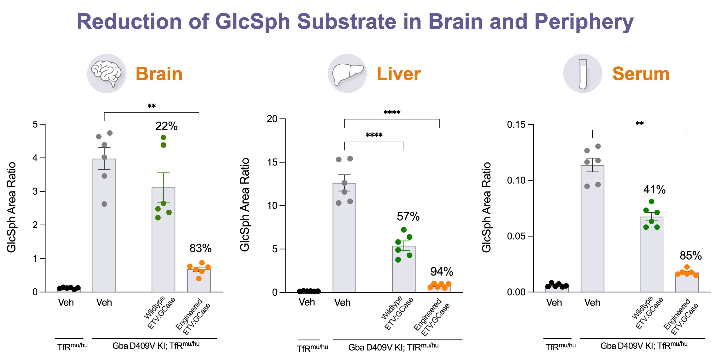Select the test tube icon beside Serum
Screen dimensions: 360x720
pyautogui.click(x=582, y=74)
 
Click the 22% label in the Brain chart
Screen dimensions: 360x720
pyautogui.click(x=166, y=126)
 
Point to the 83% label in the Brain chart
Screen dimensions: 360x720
pyautogui.click(x=200, y=248)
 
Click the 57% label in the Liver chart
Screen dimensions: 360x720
pyautogui.click(x=408, y=217)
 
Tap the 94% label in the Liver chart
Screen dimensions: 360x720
pyautogui.click(x=442, y=271)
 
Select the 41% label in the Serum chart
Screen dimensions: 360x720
pyautogui.click(x=654, y=190)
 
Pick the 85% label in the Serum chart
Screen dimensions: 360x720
pyautogui.click(x=690, y=256)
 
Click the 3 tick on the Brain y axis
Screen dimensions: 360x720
pyautogui.click(x=35, y=191)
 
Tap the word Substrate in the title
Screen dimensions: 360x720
pyautogui.click(x=346, y=22)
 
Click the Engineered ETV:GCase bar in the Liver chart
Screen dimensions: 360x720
pyautogui.click(x=439, y=289)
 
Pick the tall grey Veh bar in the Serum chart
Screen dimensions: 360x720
pyautogui.click(x=592, y=229)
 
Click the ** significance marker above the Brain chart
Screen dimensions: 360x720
pyautogui.click(x=151, y=106)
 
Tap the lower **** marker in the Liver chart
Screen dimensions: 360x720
pyautogui.click(x=374, y=135)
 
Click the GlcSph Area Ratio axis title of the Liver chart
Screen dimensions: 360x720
pyautogui.click(x=245, y=205)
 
